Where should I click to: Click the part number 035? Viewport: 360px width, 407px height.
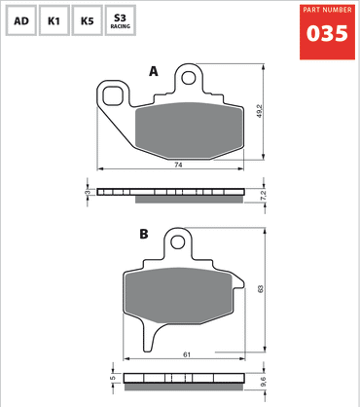326,33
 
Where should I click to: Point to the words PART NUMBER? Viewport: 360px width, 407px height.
326,10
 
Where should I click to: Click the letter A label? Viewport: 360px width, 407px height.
153,71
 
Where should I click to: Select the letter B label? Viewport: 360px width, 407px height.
143,234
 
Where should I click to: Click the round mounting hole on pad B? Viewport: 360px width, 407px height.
177,241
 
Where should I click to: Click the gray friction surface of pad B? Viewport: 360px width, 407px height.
175,300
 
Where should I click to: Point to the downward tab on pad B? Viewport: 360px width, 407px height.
150,341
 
